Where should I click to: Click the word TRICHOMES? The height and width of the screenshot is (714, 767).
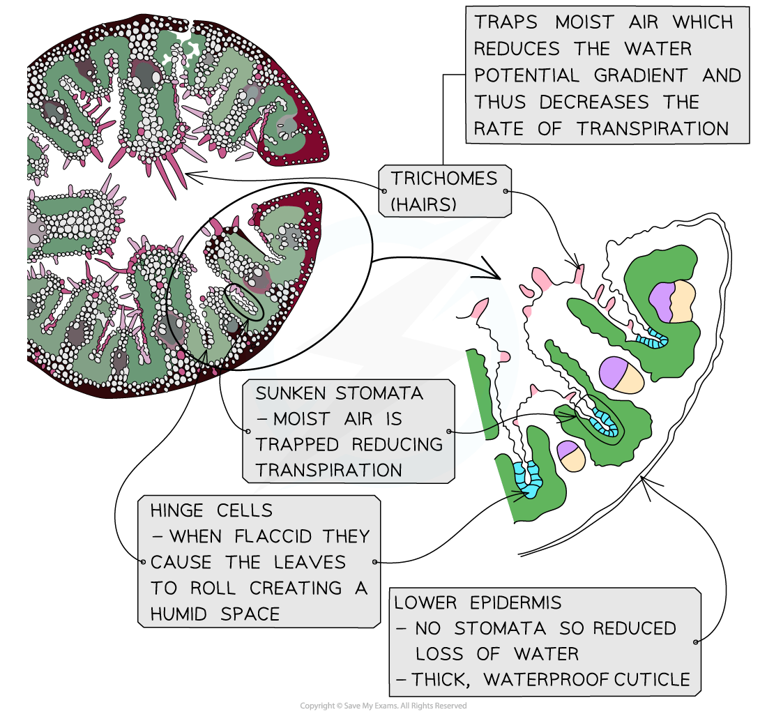[444, 178]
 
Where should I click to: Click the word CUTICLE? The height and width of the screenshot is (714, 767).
[653, 679]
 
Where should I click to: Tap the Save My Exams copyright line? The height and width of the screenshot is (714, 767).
[383, 706]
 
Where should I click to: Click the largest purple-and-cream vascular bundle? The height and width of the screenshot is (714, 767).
[672, 301]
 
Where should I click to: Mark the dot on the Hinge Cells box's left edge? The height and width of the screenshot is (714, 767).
[142, 561]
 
